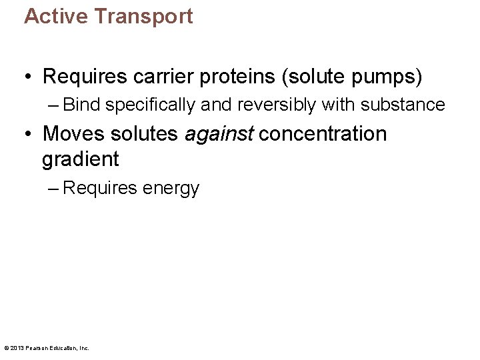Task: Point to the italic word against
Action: tap(219, 133)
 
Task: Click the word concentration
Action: tap(323, 133)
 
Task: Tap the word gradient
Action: tap(80, 159)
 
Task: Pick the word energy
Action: tap(171, 189)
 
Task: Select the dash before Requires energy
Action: tap(53, 189)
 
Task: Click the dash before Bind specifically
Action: tap(53, 105)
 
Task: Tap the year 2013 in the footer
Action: tap(16, 347)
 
